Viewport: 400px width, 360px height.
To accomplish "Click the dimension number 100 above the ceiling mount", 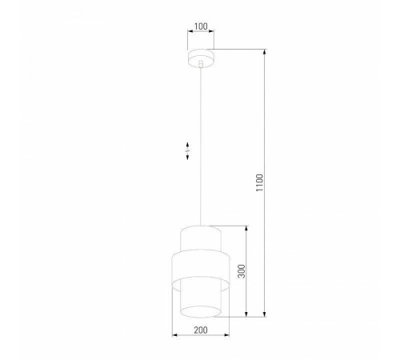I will [201, 26].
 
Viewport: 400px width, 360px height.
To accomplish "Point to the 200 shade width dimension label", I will [201, 330].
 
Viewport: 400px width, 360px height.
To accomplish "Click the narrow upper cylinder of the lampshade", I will [201, 238].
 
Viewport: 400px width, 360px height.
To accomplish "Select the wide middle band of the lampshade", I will [201, 264].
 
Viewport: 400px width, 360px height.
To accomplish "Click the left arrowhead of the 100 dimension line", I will [190, 33].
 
